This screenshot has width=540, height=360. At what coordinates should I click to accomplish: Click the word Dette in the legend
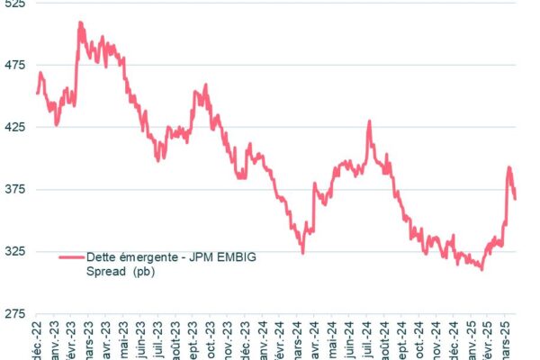(x=102, y=256)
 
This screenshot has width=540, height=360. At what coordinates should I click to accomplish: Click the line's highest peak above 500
(x=80, y=23)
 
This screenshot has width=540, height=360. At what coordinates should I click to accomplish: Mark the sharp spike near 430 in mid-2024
(x=369, y=121)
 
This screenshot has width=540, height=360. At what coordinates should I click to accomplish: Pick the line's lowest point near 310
(x=481, y=268)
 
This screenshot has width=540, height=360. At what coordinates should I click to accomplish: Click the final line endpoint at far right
(x=516, y=199)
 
